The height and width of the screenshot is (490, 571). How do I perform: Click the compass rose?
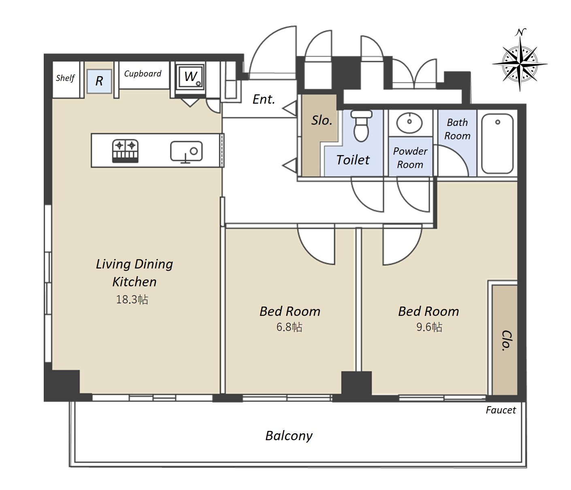520,64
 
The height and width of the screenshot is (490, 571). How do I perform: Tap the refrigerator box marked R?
99,81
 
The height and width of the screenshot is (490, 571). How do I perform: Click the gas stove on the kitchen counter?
125,151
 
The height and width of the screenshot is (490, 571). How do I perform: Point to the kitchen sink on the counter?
186,151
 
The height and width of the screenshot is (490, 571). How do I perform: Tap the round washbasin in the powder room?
409,122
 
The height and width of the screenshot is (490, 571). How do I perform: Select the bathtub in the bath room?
497,144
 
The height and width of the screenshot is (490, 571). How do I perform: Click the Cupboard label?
143,74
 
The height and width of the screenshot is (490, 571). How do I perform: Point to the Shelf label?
65,78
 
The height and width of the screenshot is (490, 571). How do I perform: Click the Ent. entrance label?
264,100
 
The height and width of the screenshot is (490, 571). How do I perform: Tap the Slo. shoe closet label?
322,120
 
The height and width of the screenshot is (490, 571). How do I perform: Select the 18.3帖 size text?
132,299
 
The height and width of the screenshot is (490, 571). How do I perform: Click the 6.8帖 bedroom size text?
289,327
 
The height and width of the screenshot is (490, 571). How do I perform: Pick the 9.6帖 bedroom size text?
429,327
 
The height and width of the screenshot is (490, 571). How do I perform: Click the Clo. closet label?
507,341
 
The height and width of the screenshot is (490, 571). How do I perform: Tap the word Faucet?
501,410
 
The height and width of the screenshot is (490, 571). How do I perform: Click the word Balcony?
289,436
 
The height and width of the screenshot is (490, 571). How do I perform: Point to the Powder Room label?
410,158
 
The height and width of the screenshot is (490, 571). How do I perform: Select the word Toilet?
353,160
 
